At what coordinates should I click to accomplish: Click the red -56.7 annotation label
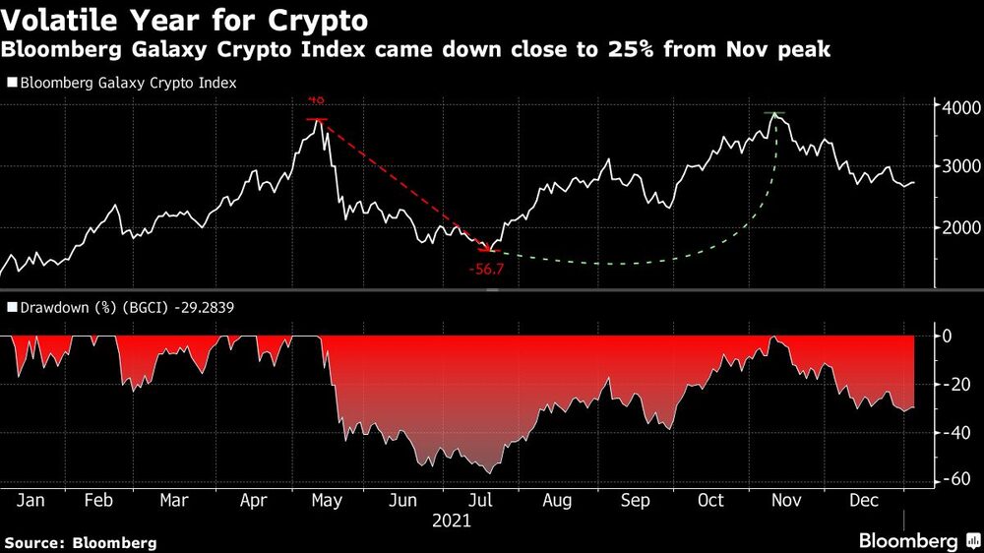click(487, 268)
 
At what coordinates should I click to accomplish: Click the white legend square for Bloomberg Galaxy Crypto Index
click(12, 84)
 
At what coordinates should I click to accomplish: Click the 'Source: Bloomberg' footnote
click(81, 542)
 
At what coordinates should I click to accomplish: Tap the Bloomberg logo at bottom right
click(915, 540)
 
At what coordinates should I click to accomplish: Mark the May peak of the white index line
click(317, 121)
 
